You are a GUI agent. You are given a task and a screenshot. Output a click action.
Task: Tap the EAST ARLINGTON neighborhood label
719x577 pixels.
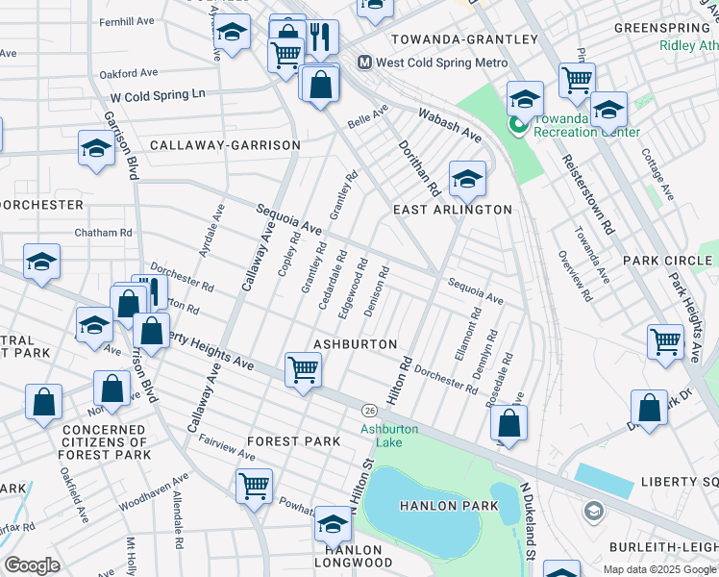coord(453,209)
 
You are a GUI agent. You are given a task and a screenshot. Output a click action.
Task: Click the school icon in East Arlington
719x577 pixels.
coord(467,178)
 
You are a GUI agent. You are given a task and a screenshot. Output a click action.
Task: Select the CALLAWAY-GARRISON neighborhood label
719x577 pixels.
coord(225,145)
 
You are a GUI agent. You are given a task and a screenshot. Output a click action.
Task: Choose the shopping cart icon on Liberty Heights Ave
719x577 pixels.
coord(303,368)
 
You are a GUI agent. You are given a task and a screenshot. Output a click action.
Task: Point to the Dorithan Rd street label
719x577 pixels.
coord(419,165)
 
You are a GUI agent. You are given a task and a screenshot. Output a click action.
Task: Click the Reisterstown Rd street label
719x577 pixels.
coord(587,194)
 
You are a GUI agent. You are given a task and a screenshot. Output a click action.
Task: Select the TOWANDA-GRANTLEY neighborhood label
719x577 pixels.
coord(463,39)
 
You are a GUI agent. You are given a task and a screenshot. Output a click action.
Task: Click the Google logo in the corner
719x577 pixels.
coord(33,564)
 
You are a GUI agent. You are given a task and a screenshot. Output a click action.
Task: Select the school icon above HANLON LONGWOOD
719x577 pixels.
coord(333,523)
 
